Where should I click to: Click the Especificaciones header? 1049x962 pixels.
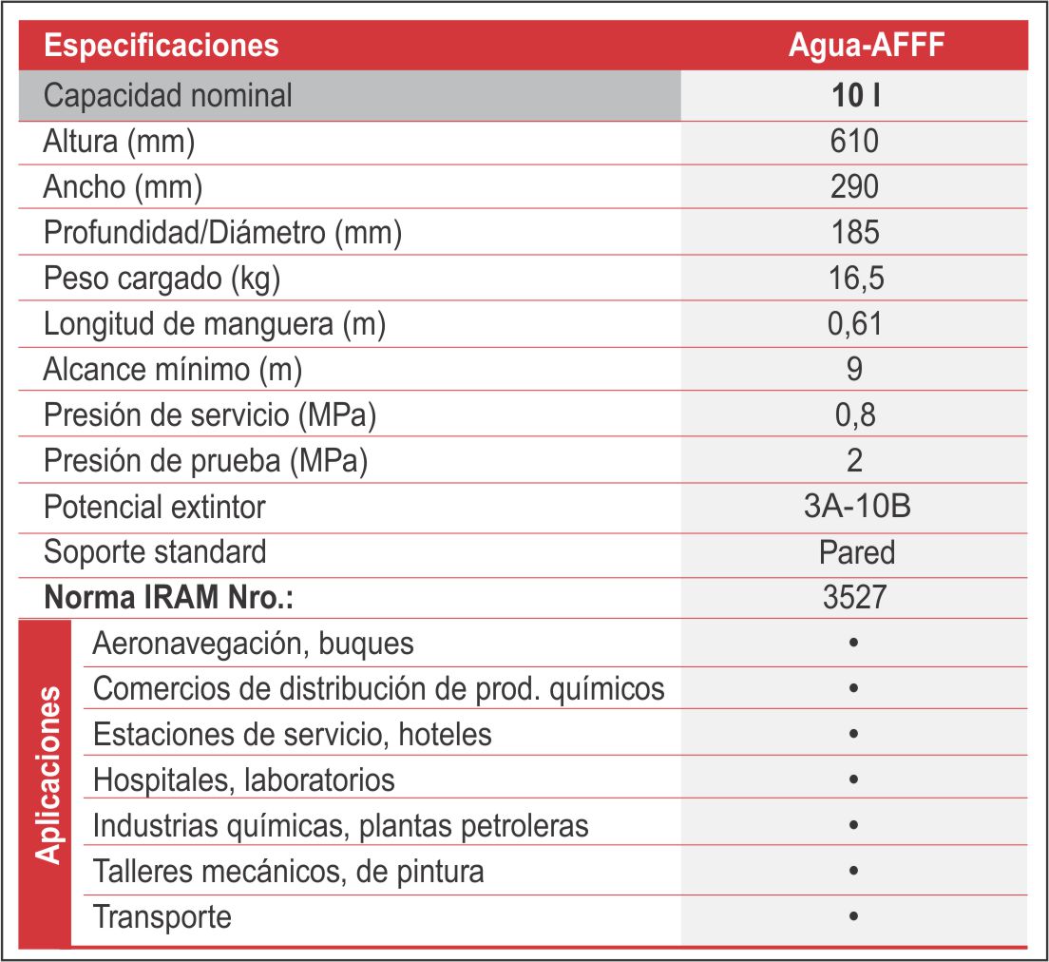click(x=162, y=46)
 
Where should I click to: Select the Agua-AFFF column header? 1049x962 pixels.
click(x=867, y=46)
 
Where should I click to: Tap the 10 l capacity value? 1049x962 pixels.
click(x=856, y=96)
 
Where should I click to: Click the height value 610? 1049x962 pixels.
click(x=854, y=142)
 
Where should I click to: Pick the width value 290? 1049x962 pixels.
click(x=854, y=186)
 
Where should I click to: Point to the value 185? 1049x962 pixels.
click(x=855, y=232)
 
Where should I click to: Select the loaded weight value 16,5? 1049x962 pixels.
click(x=856, y=279)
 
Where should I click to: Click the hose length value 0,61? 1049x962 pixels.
click(x=854, y=324)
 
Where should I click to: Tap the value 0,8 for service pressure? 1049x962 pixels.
click(x=855, y=415)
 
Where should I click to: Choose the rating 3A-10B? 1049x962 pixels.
click(x=857, y=506)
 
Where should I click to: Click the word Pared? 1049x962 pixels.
click(x=857, y=552)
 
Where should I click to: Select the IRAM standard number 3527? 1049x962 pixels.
click(x=854, y=597)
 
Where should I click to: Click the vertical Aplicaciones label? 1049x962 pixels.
click(x=47, y=775)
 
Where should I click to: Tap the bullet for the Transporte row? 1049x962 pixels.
click(x=853, y=916)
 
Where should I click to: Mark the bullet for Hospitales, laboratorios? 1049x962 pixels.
click(x=853, y=779)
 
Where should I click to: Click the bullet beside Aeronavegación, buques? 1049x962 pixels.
click(x=853, y=643)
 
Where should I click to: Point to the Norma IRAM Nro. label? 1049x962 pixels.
click(x=168, y=597)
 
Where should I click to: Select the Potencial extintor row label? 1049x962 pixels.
click(x=155, y=507)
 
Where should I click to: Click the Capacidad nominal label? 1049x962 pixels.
click(x=168, y=96)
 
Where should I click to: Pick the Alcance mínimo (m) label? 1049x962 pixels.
click(x=173, y=370)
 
